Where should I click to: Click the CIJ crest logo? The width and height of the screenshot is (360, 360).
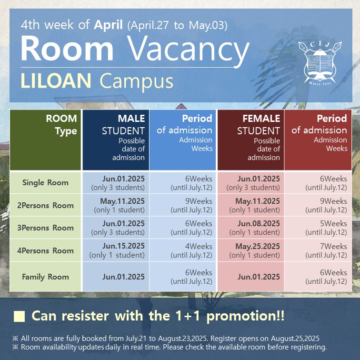[320, 63]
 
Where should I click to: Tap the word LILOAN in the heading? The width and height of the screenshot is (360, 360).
[56, 80]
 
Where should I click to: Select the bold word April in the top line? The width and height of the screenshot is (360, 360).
[108, 25]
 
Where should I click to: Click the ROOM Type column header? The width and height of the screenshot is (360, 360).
[45, 140]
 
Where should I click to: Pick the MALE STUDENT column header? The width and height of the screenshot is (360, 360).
[116, 140]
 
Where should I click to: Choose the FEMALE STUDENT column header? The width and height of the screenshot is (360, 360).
[250, 140]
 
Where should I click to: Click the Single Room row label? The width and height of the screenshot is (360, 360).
[45, 183]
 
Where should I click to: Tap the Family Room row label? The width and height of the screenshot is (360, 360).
[45, 277]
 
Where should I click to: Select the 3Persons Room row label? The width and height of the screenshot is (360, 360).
[45, 228]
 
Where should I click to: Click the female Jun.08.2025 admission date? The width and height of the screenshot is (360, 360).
[259, 223]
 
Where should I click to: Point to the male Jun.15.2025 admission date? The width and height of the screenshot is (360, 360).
[123, 246]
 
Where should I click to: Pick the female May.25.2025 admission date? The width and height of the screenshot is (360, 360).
[258, 246]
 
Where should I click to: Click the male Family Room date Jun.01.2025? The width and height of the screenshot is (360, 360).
[123, 277]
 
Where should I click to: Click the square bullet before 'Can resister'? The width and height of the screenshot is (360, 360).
[19, 317]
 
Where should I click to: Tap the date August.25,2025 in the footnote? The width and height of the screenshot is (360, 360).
[295, 339]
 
